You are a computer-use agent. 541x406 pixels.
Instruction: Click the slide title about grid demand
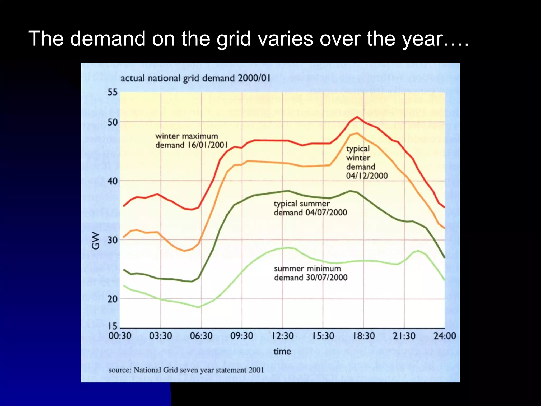point(248,39)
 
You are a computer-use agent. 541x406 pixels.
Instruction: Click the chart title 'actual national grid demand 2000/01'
point(195,78)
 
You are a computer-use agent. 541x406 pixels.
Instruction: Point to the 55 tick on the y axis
point(112,92)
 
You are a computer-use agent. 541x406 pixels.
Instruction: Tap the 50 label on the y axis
point(112,122)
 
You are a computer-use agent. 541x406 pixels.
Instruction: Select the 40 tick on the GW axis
point(112,181)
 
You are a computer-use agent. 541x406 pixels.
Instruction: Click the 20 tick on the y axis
point(112,299)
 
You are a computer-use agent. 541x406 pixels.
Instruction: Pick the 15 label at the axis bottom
point(112,326)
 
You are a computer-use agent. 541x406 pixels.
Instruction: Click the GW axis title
point(96,241)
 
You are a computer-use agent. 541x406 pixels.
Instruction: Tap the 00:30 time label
point(120,336)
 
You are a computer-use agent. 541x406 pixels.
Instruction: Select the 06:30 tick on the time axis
point(201,336)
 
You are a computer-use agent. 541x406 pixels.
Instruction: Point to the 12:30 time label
point(282,336)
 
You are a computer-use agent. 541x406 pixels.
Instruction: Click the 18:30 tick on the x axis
point(364,336)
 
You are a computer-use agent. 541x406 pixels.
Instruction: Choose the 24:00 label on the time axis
point(445,336)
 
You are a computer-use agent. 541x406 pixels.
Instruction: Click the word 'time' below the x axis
point(282,351)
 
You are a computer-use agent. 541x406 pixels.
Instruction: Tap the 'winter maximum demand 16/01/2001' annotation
point(191,141)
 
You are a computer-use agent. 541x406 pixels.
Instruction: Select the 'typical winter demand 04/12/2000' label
point(367,162)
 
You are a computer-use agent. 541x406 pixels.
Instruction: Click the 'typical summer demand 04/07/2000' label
point(310,208)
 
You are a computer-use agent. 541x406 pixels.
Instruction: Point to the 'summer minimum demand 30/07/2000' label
point(310,273)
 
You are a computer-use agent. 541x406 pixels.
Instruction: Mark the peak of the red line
point(357,117)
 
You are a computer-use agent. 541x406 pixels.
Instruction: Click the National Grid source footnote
point(186,370)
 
